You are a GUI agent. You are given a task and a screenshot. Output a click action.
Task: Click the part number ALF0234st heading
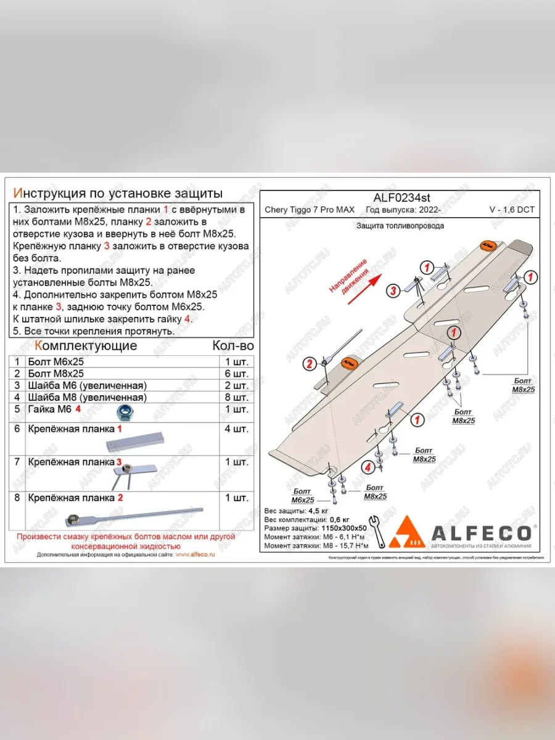click(402, 198)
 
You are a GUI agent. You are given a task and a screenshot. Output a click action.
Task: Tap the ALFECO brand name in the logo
click(482, 533)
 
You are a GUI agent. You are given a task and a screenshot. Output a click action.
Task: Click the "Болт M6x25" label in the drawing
click(303, 495)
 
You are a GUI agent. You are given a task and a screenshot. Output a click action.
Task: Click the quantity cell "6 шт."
click(237, 374)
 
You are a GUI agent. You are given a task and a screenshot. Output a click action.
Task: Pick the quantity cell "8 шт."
click(237, 397)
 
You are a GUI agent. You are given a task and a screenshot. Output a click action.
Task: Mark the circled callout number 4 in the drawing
click(368, 467)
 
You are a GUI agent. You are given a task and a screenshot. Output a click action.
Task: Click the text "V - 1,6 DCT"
click(512, 210)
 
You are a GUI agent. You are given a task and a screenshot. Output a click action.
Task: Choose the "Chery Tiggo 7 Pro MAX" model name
click(310, 210)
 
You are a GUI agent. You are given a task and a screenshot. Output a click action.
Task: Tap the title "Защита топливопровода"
click(400, 226)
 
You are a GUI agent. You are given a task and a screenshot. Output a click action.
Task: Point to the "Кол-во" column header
click(232, 346)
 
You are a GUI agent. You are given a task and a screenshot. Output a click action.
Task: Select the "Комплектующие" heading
click(86, 345)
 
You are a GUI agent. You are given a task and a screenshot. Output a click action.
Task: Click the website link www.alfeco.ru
click(195, 554)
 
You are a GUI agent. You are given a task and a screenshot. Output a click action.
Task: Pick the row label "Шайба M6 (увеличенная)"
click(87, 385)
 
